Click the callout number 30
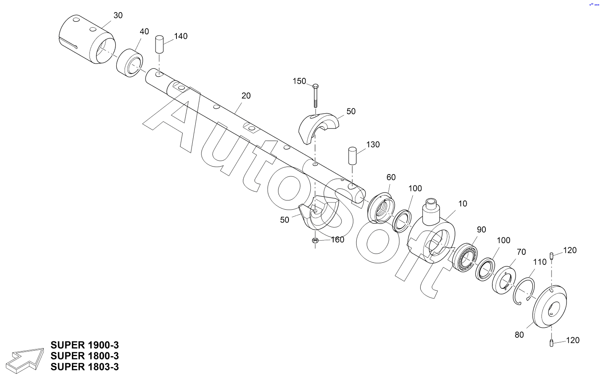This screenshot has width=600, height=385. point(118,15)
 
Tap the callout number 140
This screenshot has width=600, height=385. point(181,36)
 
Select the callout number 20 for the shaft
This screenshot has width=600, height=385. point(246,96)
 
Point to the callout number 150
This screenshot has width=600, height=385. point(299,81)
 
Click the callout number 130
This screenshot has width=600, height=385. point(373,145)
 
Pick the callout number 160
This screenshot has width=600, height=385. point(337,240)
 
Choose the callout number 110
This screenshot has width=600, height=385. point(540,262)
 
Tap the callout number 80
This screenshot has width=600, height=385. point(519,335)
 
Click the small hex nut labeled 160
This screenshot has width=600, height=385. point(316,241)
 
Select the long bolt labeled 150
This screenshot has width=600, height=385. point(315,95)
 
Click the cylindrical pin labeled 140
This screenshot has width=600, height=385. point(159,44)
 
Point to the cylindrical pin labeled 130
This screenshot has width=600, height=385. point(352,156)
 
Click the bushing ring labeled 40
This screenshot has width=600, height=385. point(130,63)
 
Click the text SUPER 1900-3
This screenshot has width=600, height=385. point(84,345)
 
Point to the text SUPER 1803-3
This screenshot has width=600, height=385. point(84,367)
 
